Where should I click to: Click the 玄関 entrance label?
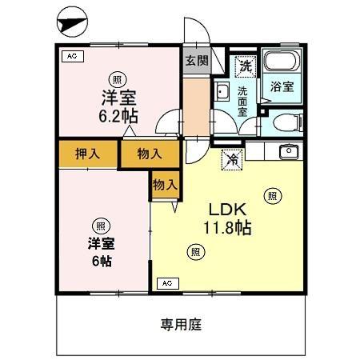pyautogui.click(x=195, y=61)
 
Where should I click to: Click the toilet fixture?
pyautogui.click(x=285, y=122)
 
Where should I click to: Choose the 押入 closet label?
pyautogui.click(x=87, y=154)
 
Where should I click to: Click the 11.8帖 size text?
pyautogui.click(x=227, y=229)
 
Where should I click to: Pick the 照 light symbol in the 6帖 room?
pyautogui.click(x=100, y=225)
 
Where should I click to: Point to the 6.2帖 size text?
pyautogui.click(x=118, y=116)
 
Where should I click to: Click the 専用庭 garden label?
pyautogui.click(x=180, y=325)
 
